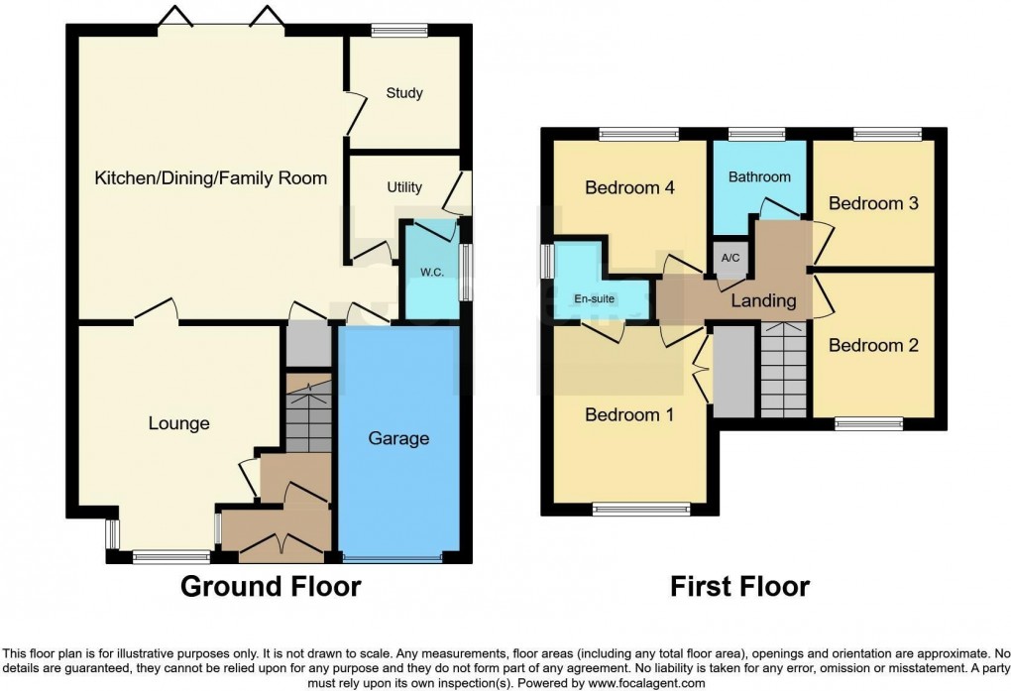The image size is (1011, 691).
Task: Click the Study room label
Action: pos(404,93)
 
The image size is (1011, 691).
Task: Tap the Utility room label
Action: pos(404,187)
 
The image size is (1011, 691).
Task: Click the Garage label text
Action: pos(398,438)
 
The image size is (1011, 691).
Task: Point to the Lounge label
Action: pos(179,424)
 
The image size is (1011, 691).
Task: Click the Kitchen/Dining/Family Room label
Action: pos(210,178)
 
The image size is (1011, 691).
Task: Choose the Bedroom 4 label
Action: pos(629,187)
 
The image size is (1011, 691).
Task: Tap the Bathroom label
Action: pos(760,176)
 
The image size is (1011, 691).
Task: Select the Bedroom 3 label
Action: pos(873,203)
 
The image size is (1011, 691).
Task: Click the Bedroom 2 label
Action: pos(873,346)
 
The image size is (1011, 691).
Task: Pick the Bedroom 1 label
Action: pos(629,414)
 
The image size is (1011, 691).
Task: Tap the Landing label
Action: pos(763,300)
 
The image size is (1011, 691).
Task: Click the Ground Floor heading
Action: pos(270,586)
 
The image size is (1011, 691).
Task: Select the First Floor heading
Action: pos(739,586)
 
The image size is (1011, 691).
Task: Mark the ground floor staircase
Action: pos(307,414)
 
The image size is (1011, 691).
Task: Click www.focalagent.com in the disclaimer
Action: pos(646,683)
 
